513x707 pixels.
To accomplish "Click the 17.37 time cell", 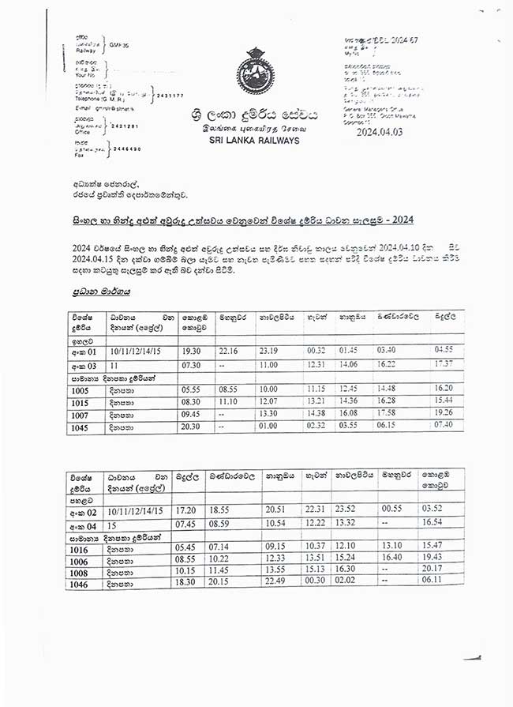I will pos(447,365).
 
